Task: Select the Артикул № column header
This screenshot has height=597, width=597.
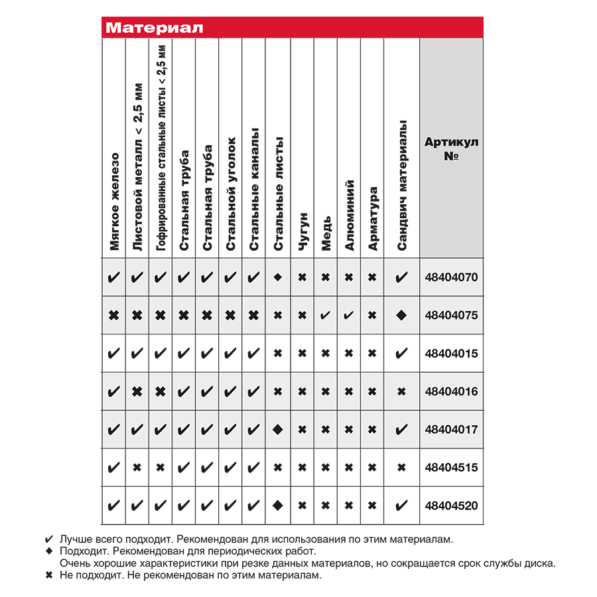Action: [x=452, y=149]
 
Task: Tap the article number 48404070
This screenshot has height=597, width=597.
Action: [x=452, y=277]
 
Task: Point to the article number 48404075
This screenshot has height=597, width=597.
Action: [x=452, y=315]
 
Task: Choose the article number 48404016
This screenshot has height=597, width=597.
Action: [x=452, y=391]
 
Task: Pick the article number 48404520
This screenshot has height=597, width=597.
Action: [x=452, y=505]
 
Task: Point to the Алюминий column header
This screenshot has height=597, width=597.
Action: [x=350, y=216]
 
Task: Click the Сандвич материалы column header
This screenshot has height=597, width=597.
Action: [x=401, y=186]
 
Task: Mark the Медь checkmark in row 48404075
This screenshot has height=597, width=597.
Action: [x=326, y=315]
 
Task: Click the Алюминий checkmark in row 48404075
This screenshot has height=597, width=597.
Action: [x=349, y=315]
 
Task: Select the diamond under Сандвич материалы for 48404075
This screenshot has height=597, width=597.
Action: [x=401, y=315]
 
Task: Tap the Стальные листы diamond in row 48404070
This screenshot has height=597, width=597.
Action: [x=279, y=277]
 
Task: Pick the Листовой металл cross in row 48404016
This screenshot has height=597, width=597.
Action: [x=137, y=391]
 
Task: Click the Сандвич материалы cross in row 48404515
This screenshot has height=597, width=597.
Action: [x=401, y=468]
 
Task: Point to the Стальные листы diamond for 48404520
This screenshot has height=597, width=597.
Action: [x=279, y=505]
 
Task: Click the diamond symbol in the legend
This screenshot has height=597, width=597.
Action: [x=48, y=551]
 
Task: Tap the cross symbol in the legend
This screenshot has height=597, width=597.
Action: [x=48, y=575]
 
